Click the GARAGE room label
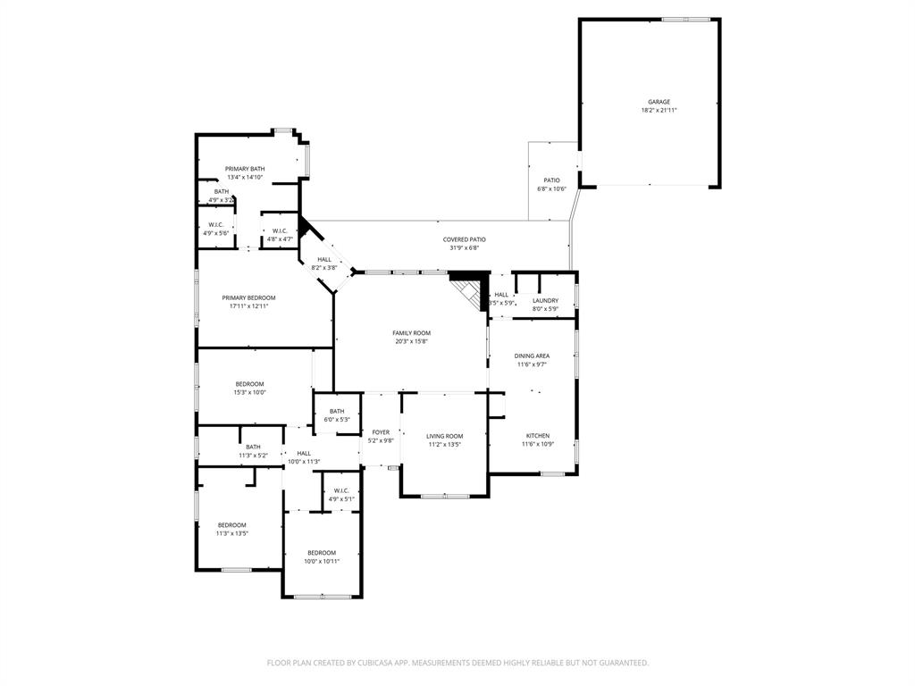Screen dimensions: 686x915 point(659,102)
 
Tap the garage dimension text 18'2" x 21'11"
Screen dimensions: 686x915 point(659,111)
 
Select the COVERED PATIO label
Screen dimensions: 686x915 point(465,239)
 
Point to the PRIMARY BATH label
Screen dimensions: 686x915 point(245,169)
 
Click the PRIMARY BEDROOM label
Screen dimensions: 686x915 point(248,297)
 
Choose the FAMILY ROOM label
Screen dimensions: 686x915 point(411,333)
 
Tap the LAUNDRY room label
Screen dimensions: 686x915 point(545,301)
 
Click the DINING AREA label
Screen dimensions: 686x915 point(532,356)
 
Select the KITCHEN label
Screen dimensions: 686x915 point(536,436)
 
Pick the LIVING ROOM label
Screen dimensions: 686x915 point(444,436)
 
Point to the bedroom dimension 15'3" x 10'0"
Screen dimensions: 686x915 point(249,392)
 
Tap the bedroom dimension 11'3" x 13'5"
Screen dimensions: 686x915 point(231,533)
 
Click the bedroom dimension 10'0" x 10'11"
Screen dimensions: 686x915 point(322,561)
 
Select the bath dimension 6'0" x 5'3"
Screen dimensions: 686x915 point(337,419)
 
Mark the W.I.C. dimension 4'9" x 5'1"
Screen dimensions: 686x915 point(341,498)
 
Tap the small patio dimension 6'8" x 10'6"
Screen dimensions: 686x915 point(551,188)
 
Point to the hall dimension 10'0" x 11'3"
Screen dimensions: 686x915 point(304,461)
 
